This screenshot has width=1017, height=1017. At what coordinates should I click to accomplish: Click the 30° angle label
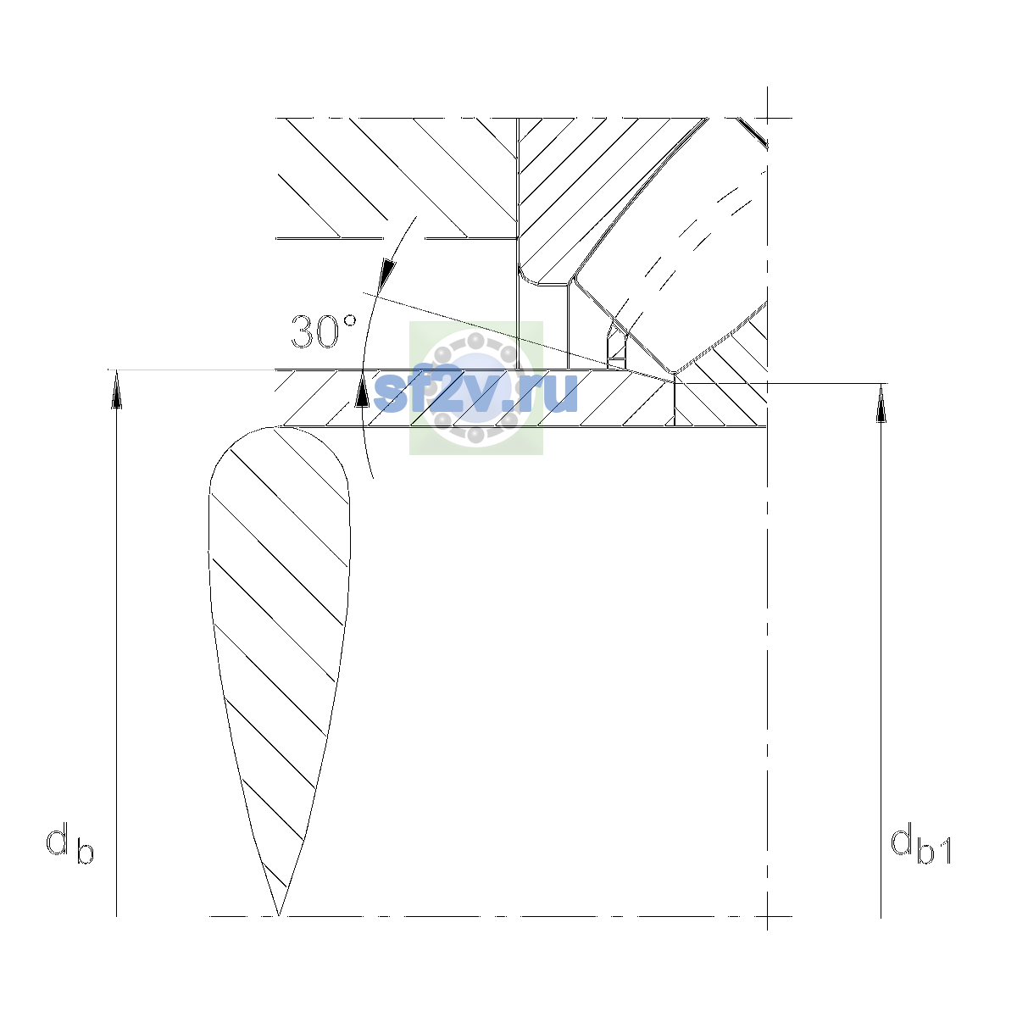(324, 331)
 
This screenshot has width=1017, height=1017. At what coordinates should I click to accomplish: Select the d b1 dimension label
(921, 846)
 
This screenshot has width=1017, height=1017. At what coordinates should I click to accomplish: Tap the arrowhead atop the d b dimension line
(117, 389)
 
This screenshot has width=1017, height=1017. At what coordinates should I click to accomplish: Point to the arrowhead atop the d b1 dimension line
(881, 403)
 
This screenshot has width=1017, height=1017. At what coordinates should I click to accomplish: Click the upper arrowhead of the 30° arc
(387, 274)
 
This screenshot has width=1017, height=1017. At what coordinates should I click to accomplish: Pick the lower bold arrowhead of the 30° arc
(362, 389)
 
